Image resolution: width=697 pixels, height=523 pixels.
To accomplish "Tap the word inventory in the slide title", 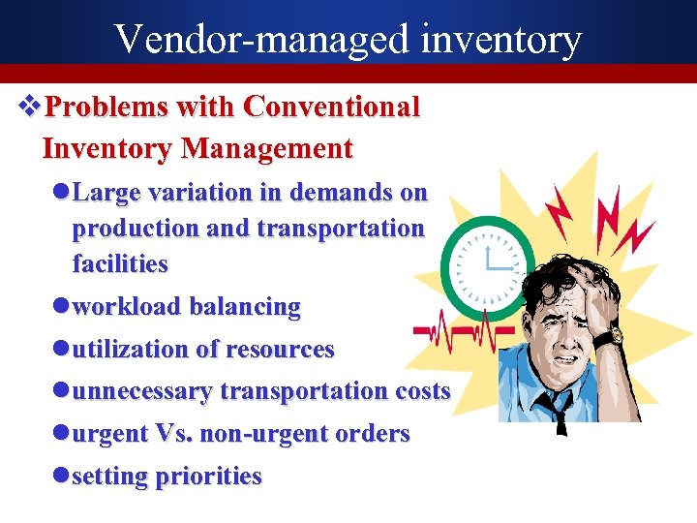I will click(x=501, y=39).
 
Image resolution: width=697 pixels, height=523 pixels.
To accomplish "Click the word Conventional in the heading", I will click(x=332, y=107).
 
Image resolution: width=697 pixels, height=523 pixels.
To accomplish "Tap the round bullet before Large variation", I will click(x=62, y=193).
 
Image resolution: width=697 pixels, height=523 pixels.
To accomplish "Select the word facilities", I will click(x=120, y=263).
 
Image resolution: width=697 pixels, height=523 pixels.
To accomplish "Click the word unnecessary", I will click(x=143, y=391).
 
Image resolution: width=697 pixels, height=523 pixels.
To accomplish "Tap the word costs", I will click(x=423, y=391).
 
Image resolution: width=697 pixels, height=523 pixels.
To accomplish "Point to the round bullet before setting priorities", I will click(x=62, y=477).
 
